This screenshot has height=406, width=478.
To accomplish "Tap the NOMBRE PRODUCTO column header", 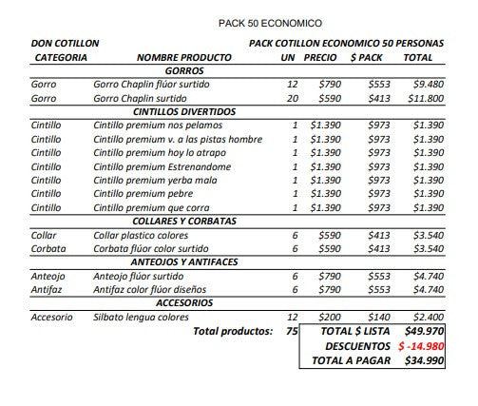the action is [x=183, y=58].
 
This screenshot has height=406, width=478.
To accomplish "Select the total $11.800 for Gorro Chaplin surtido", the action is [x=424, y=98].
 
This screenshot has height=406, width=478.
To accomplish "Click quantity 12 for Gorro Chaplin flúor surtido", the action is [x=292, y=85].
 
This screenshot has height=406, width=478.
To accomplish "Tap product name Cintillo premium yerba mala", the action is [x=155, y=180].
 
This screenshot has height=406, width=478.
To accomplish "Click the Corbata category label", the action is [x=48, y=248].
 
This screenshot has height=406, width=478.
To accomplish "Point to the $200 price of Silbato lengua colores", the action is [x=329, y=317].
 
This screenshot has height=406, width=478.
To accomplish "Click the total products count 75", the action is [x=292, y=331].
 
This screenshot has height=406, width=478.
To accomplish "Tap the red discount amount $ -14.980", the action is [x=421, y=346].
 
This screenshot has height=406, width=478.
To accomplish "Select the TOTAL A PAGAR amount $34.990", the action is [x=424, y=361].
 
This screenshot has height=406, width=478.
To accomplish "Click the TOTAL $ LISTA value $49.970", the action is [x=424, y=331].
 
